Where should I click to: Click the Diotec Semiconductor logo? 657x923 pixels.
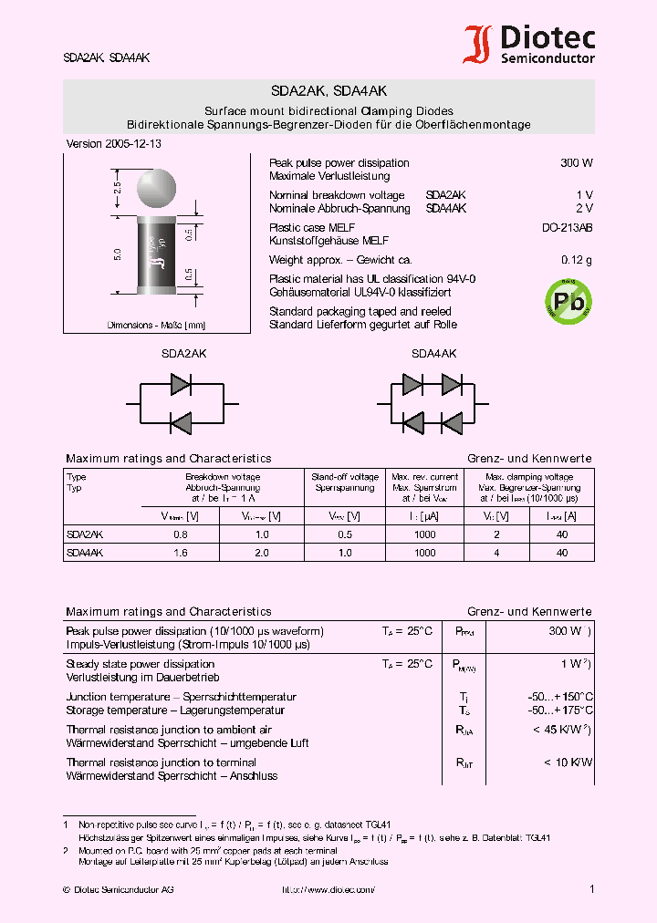click(x=529, y=44)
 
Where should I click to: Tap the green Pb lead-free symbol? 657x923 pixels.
click(x=567, y=300)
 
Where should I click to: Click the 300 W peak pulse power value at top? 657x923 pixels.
click(x=576, y=163)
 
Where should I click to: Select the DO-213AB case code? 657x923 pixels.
click(x=567, y=228)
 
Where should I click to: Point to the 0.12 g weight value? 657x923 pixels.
click(x=576, y=260)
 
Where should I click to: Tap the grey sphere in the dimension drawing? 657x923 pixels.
click(x=157, y=189)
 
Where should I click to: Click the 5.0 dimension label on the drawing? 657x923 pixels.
click(x=118, y=254)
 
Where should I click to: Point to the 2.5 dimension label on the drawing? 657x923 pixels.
click(x=118, y=190)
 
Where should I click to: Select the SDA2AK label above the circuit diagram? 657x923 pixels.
click(x=183, y=353)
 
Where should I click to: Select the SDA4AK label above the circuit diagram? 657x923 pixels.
click(x=433, y=353)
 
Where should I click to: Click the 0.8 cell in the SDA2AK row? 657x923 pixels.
click(x=180, y=534)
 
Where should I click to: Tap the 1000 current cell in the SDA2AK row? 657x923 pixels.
click(x=424, y=534)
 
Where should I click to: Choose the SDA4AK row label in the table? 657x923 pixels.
click(x=85, y=553)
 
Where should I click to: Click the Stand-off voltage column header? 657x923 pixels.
click(x=345, y=477)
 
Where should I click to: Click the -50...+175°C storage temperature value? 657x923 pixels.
click(x=561, y=710)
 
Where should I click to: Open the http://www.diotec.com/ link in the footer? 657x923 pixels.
click(x=328, y=889)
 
